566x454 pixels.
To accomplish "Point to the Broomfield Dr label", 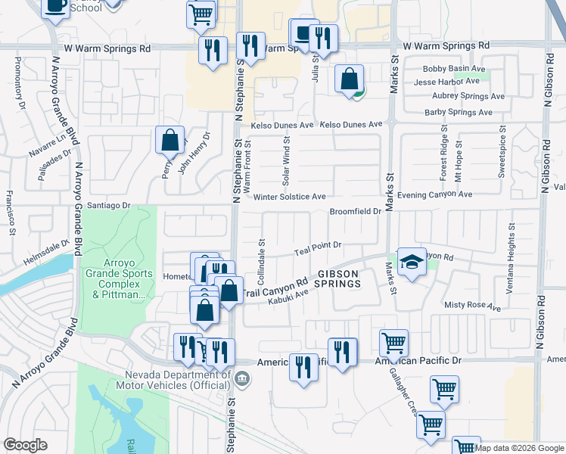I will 354,211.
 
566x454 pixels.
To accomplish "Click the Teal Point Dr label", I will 319,245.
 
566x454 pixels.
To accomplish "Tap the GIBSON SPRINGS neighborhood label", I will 337,278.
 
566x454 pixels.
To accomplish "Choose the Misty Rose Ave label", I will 473,307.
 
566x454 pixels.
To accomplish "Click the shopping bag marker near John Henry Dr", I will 170,140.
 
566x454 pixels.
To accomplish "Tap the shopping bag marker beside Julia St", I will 349,79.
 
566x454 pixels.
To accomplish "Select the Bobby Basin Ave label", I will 452,69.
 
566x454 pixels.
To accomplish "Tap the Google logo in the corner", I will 25,444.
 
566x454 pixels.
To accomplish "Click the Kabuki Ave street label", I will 287,296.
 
